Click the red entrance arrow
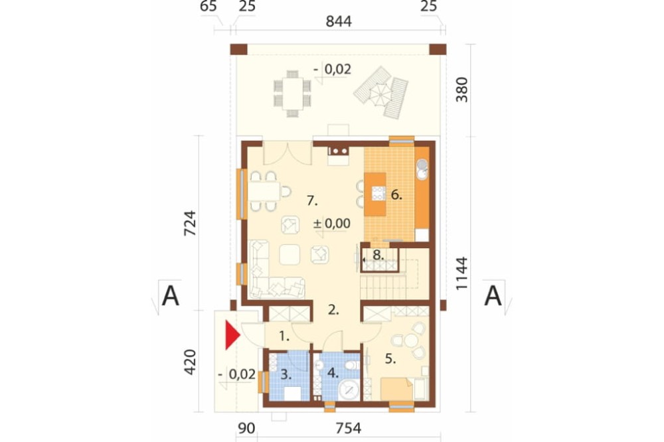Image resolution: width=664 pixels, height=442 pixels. coord(231,335)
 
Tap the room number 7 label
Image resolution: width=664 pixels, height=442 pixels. coord(312,200)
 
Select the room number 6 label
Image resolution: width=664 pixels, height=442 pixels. coord(396,194)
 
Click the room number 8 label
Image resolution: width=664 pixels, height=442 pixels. coord(378,256)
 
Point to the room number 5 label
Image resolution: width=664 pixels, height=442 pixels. coord(390,359)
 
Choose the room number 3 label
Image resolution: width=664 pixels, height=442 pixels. coord(286,374)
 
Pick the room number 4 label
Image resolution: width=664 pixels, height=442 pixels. coord(333,373)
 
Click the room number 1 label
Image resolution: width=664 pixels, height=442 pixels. coord(284,336)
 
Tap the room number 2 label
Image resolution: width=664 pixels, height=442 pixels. coord(334,310)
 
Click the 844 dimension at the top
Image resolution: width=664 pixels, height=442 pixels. coord(339,21)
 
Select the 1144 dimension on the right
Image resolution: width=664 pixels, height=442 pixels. coord(462,273)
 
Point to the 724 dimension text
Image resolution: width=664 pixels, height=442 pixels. coord(190,223)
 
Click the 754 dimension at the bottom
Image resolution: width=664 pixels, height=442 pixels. coord(349,429)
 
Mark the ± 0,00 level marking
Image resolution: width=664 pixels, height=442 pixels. coord(331,223)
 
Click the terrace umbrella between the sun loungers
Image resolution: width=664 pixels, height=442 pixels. coord(381,94)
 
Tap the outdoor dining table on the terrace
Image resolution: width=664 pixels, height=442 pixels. coord(292,94)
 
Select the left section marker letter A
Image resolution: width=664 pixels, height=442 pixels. coord(171,296)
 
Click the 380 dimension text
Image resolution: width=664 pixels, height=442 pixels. coord(462,90)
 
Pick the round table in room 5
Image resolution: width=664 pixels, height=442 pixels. coord(411,340)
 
